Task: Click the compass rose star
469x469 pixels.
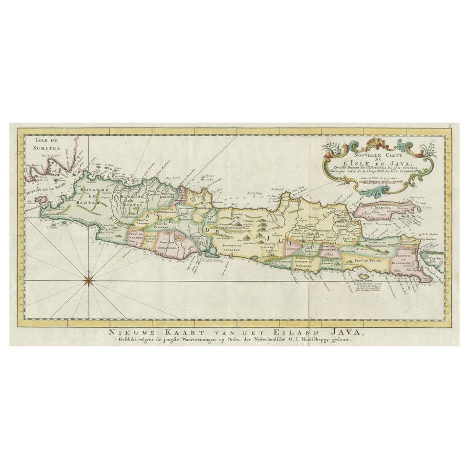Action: tap(88, 280)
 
